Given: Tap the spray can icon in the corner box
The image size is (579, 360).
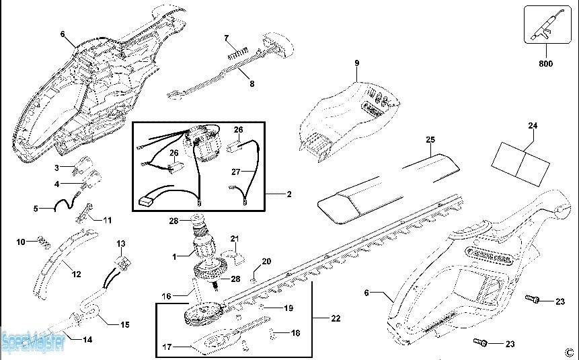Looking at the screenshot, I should coord(545,26).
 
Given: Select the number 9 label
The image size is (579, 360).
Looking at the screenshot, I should coord(357,63).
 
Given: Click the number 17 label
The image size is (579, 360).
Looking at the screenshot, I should coord(167,347).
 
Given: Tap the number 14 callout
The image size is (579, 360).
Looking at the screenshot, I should coord(87,340).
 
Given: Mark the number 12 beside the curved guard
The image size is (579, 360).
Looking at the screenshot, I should coord(76,275).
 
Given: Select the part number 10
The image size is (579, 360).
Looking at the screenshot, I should coord(20,241).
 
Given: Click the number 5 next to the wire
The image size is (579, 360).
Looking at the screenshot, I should coord(36,209).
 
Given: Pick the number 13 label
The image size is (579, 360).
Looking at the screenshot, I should coord(121,243).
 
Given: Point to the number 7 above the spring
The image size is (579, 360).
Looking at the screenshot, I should coord(227,38).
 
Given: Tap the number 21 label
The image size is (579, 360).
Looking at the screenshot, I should coord(235,239).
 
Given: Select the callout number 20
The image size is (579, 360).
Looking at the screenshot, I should coord(266,261).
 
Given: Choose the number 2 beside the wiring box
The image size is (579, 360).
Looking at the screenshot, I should coord(288,194).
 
